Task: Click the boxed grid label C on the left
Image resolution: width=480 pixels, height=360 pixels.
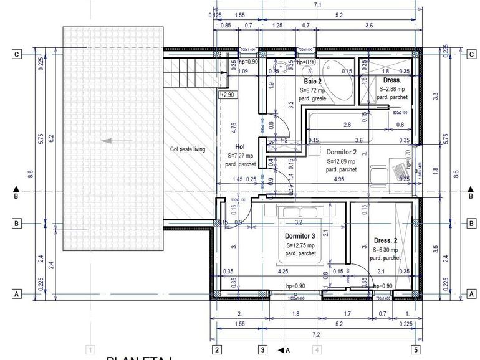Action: (16, 54)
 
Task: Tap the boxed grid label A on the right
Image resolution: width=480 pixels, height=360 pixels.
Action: (471, 294)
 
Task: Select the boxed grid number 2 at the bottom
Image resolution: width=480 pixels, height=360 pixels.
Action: (216, 349)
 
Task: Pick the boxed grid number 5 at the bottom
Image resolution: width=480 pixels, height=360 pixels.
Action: (416, 349)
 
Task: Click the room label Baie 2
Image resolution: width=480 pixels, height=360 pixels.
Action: (313, 82)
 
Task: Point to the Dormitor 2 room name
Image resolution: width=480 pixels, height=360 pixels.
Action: (341, 151)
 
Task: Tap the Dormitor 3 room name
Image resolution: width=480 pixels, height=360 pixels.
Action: (300, 236)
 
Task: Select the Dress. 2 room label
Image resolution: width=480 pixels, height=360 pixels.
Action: (386, 240)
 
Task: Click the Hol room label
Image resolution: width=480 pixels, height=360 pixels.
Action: (231, 146)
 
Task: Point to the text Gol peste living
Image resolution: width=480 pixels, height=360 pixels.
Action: (187, 149)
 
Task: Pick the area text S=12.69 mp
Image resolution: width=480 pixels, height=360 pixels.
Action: (340, 161)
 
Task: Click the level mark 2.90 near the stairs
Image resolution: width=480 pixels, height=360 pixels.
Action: (228, 95)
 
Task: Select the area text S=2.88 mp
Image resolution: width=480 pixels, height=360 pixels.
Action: (392, 89)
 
